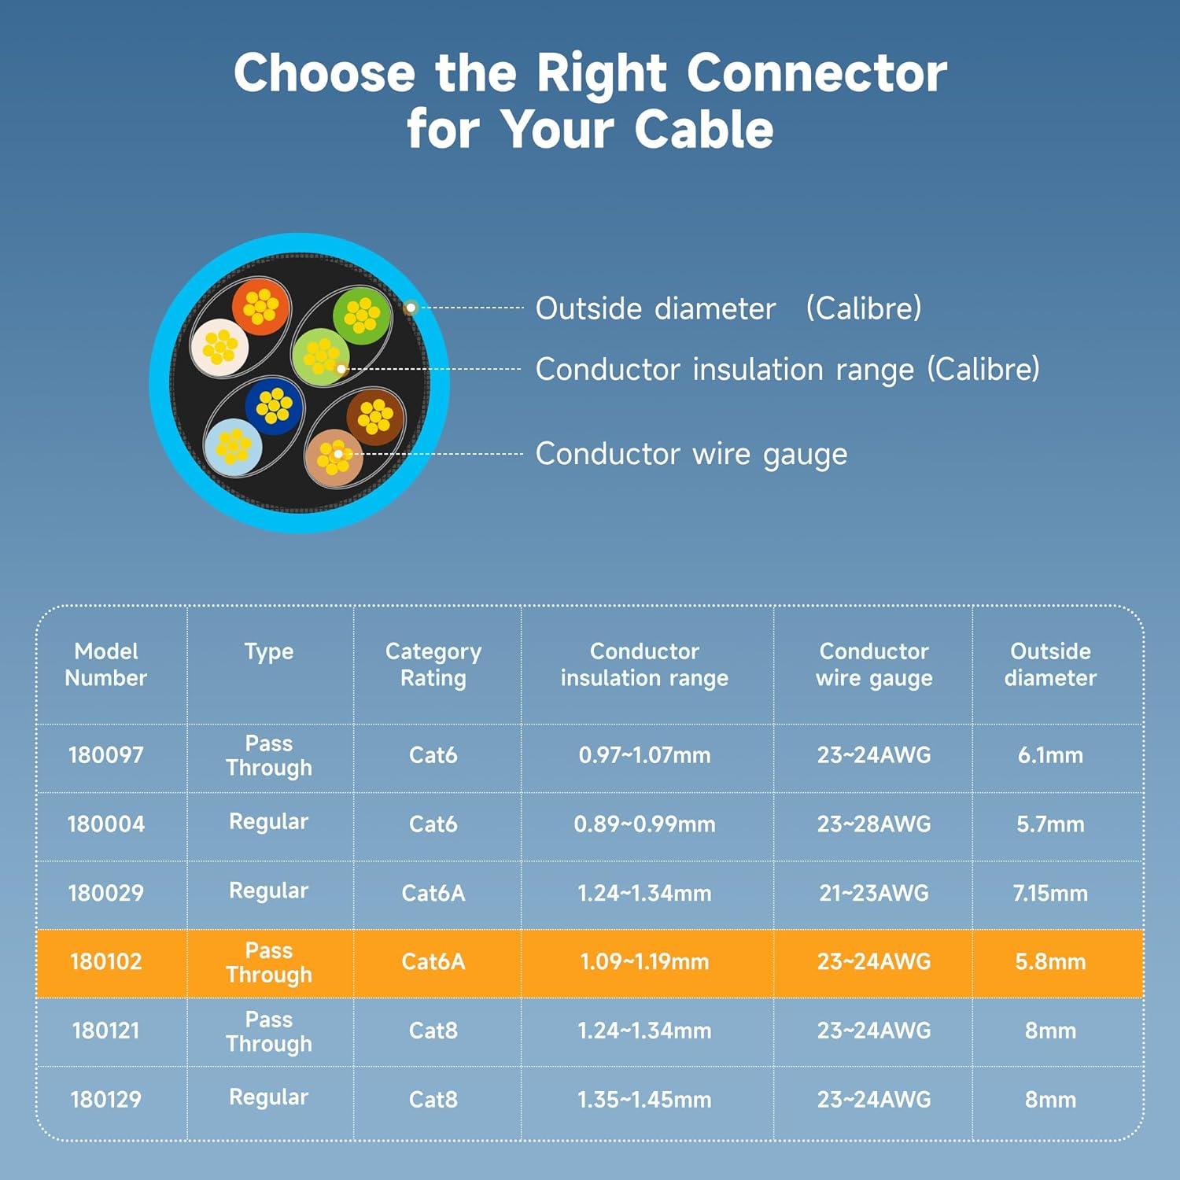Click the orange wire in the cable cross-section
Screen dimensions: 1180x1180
pos(260,307)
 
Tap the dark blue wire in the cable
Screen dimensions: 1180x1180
pos(274,406)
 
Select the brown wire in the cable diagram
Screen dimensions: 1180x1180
pos(375,416)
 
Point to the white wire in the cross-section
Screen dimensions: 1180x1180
pos(220,346)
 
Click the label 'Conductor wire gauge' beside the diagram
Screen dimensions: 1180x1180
pos(691,454)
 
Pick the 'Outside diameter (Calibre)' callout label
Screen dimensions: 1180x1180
pos(728,308)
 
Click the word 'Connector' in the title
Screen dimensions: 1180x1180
pos(817,73)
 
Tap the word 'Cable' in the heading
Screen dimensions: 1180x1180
pos(704,129)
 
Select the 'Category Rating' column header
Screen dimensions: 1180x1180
pos(433,665)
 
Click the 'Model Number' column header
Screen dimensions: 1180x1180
pos(106,665)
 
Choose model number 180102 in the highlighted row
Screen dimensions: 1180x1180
pos(106,961)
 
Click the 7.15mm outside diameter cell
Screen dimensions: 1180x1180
pos(1050,893)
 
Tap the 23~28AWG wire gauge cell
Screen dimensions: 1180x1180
pos(873,824)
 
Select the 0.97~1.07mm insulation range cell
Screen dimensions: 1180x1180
pos(644,755)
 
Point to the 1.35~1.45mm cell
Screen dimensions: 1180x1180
pos(644,1099)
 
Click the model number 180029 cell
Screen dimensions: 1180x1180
pos(106,893)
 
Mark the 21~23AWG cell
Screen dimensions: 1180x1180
pos(873,893)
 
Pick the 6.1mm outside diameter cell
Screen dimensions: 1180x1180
pos(1050,755)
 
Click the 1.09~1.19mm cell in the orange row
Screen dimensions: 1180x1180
pos(644,961)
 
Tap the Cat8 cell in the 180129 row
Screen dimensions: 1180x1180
pos(433,1099)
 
